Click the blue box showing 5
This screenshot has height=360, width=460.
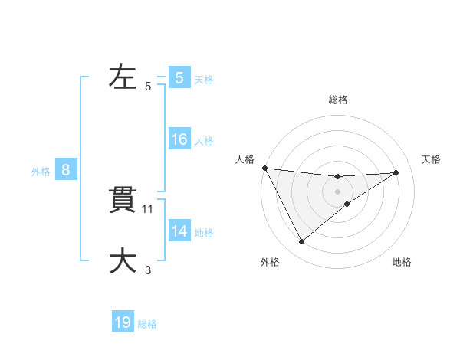coord(179,78)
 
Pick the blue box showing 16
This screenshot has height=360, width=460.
coord(179,140)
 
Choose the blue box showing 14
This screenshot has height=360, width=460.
coord(179,231)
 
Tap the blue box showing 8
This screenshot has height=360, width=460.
coord(66,171)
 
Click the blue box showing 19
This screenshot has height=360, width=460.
coord(123,322)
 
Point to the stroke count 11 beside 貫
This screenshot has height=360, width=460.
coord(148,209)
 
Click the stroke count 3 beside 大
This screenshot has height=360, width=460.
coord(148,270)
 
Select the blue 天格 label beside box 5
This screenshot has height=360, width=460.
coord(204,79)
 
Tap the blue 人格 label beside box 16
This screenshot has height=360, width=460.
coord(204,141)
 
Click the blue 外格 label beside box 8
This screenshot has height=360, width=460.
coord(41,172)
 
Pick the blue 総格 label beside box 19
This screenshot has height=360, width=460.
coord(147,323)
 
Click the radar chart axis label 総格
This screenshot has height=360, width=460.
coord(337,100)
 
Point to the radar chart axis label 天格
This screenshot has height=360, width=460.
coord(431,159)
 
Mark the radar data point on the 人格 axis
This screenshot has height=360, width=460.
coord(264,168)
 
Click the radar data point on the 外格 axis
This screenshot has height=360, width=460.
coord(301,242)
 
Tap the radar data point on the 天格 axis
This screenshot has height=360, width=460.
coord(396,172)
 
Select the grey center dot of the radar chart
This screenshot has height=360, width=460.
coord(337,191)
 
